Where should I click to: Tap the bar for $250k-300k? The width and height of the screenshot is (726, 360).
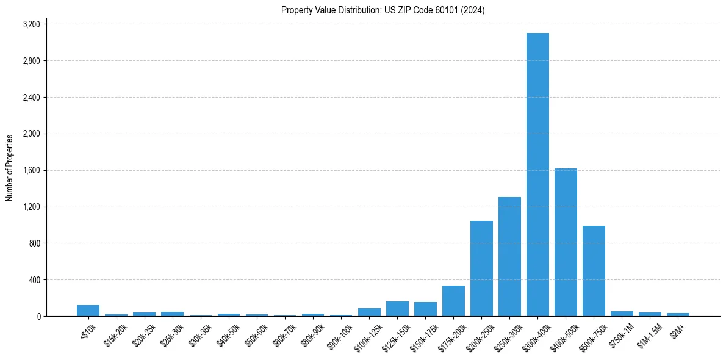pyautogui.click(x=509, y=256)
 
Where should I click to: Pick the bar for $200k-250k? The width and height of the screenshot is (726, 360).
pyautogui.click(x=481, y=268)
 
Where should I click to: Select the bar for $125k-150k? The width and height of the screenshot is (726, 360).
pyautogui.click(x=397, y=309)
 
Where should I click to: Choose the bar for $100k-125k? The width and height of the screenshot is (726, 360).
pyautogui.click(x=369, y=312)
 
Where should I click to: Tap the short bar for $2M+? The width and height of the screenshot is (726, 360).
pyautogui.click(x=678, y=314)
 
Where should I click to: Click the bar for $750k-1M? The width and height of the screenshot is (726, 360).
pyautogui.click(x=622, y=314)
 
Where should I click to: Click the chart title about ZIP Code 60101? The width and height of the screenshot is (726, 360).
pyautogui.click(x=383, y=10)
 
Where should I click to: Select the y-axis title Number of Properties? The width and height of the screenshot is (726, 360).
pyautogui.click(x=10, y=168)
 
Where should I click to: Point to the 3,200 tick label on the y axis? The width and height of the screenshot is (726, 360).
pyautogui.click(x=31, y=24)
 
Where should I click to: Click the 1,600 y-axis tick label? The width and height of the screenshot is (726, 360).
pyautogui.click(x=31, y=170)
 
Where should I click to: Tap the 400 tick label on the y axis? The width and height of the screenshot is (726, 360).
pyautogui.click(x=34, y=280)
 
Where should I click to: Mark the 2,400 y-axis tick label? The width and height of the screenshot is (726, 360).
pyautogui.click(x=31, y=98)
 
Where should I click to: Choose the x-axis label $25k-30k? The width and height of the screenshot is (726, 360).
pyautogui.click(x=171, y=333)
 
